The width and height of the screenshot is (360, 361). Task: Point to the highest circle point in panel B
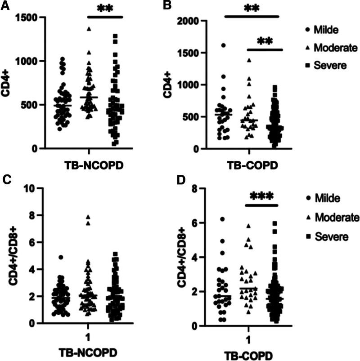223,45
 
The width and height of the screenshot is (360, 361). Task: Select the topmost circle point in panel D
223,219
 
